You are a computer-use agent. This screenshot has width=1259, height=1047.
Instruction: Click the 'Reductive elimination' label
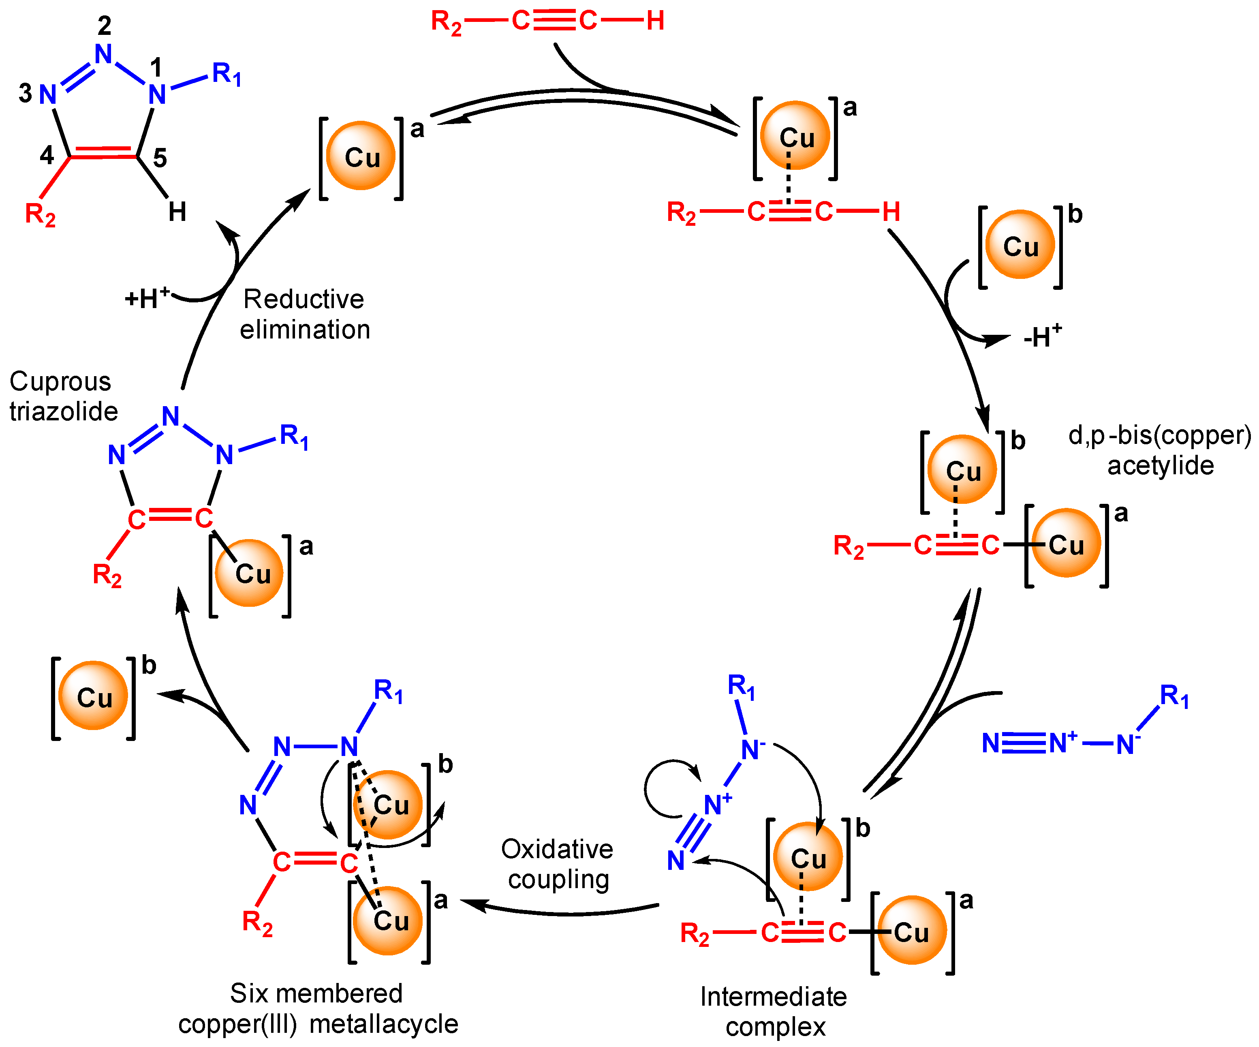(305, 314)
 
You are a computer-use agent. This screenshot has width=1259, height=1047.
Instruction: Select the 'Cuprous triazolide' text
(63, 396)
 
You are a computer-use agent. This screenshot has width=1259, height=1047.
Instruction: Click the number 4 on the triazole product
(47, 155)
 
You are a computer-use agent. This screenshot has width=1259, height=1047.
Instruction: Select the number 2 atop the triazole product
(104, 25)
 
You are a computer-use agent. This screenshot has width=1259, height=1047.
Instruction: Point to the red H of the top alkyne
(655, 21)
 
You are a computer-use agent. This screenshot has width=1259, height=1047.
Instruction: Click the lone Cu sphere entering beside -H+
(1020, 245)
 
